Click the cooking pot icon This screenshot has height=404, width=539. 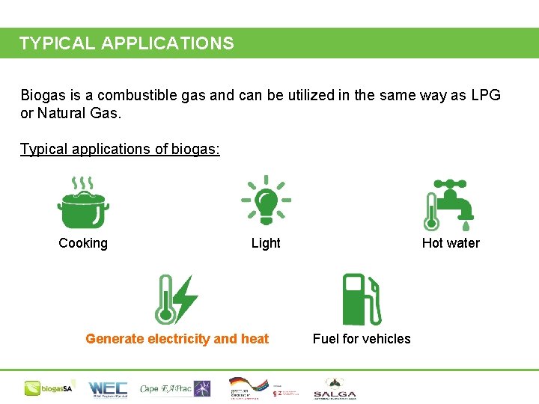click(x=83, y=203)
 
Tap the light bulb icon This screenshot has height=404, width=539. click(x=266, y=201)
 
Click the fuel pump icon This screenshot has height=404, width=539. click(x=362, y=299)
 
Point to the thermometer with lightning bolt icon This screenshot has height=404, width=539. click(x=176, y=299)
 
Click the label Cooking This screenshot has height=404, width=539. click(x=83, y=243)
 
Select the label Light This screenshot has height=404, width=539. click(x=266, y=243)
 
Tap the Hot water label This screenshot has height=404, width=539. click(x=451, y=243)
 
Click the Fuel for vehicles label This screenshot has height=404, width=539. click(x=362, y=339)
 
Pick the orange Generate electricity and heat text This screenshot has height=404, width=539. click(x=177, y=339)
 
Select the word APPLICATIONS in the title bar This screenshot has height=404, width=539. click(x=167, y=43)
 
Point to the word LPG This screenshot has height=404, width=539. click(x=485, y=96)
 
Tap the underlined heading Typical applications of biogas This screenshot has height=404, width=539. click(x=120, y=149)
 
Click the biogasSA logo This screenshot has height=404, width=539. click(x=48, y=388)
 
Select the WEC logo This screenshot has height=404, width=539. click(x=108, y=388)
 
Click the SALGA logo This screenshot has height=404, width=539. click(x=335, y=388)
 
